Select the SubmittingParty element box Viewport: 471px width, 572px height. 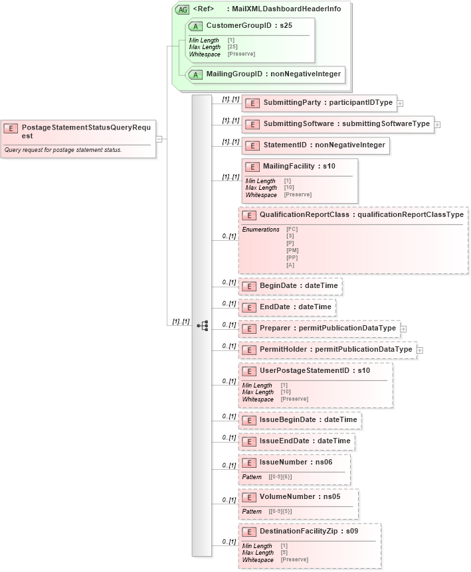tap(320, 103)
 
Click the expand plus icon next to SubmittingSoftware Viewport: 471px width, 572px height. tap(438, 124)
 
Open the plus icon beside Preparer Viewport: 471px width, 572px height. tap(403, 328)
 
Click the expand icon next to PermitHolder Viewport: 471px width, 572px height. tap(420, 350)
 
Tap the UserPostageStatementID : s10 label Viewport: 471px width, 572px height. tap(314, 370)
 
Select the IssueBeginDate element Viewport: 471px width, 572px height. tap(300, 420)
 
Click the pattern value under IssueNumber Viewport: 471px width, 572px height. tap(280, 476)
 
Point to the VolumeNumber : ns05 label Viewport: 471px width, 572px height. tap(296, 496)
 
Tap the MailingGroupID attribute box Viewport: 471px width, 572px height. tap(266, 74)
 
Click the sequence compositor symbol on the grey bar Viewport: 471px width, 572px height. tap(203, 325)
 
